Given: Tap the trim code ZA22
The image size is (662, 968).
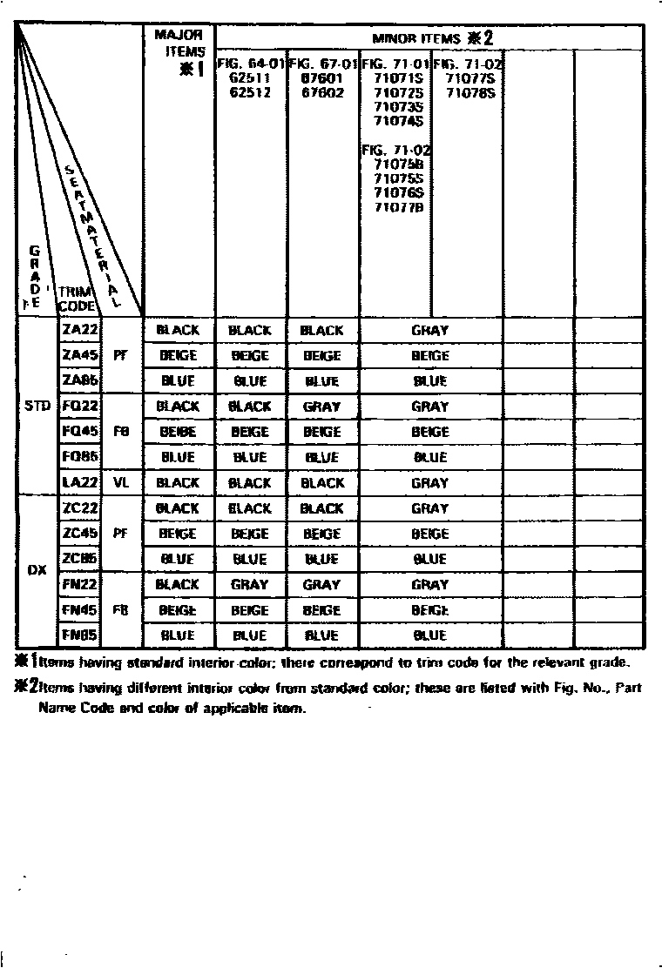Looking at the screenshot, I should point(80,330).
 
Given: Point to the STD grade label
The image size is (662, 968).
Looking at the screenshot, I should point(37,407).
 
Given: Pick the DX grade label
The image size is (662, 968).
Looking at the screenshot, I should point(37,572).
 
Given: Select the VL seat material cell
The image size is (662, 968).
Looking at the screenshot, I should point(121,482).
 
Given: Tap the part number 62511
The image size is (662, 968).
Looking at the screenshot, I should point(250,77).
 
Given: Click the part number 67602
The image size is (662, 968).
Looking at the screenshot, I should point(321,91).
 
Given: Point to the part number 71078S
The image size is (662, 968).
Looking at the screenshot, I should point(470,91).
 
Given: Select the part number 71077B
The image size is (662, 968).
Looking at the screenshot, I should point(398,206).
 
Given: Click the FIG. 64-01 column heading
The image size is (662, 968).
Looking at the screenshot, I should point(251,64).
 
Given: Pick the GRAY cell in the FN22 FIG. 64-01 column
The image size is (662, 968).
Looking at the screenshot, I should point(250,585).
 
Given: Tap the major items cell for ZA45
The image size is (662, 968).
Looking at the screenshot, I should point(178,355).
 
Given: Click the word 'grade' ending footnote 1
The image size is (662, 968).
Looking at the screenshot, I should point(624,662).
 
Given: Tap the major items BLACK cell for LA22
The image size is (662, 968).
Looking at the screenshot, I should point(178,482).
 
